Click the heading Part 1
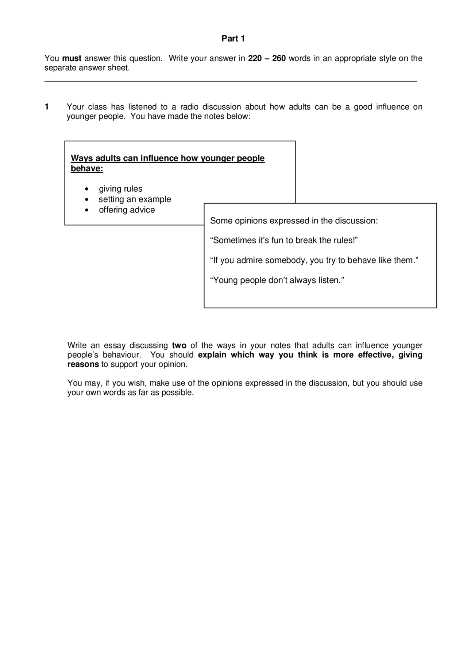233,39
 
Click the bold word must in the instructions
72,58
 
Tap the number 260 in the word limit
279,58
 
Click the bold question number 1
47,107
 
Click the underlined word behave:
87,168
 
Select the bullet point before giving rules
86,189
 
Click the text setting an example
135,199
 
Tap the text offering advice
127,210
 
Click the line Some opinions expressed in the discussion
294,221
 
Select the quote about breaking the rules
284,241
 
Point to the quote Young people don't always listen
277,280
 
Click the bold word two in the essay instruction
179,345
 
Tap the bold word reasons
83,364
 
